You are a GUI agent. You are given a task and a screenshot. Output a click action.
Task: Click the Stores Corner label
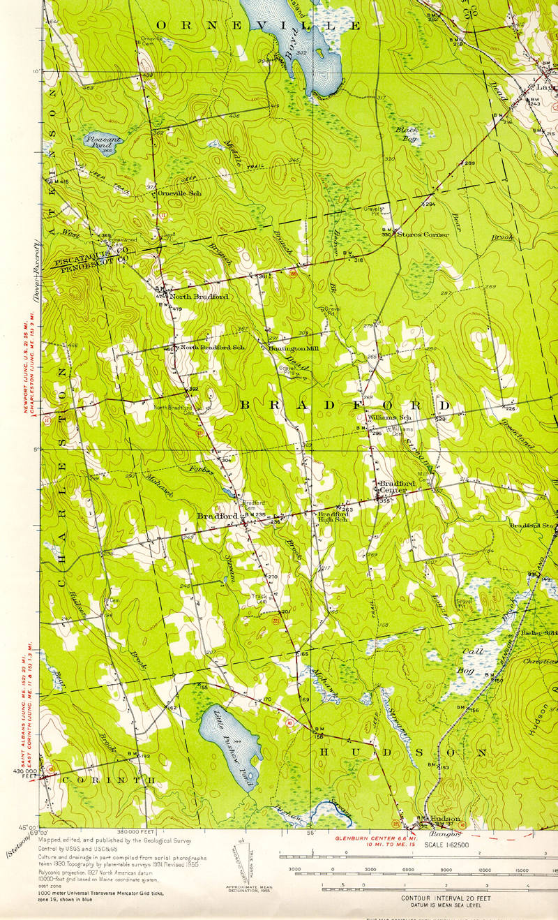point(423,235)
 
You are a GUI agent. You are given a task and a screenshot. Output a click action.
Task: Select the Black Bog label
point(407,134)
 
